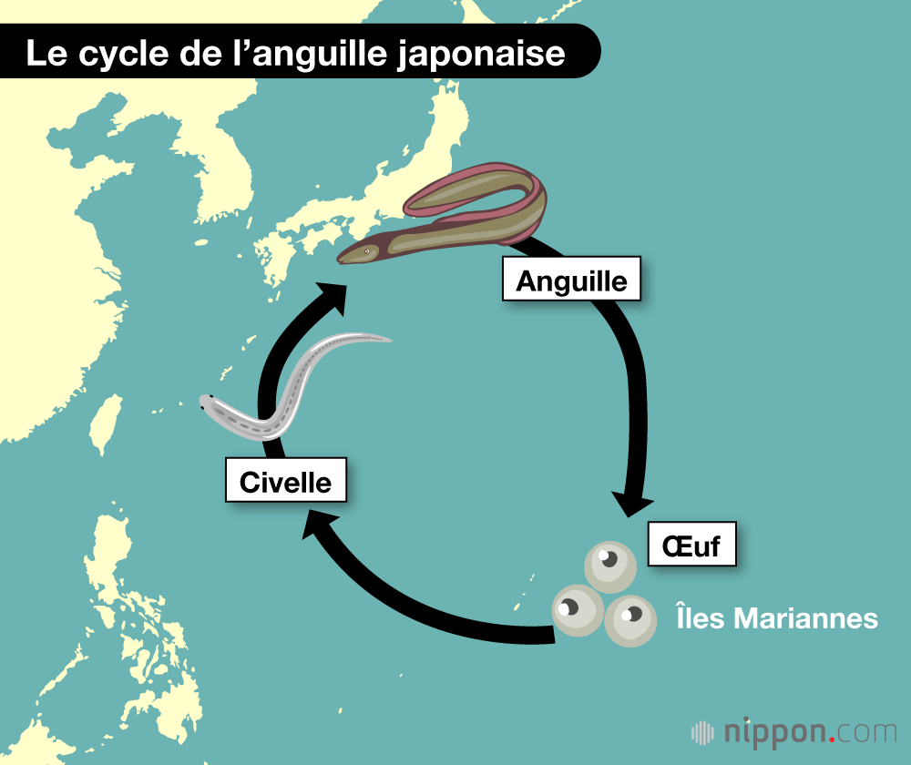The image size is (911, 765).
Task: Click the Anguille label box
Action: pos(571,280)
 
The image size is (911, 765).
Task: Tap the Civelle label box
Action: pos(285,481)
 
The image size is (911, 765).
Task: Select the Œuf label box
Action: pos(691,545)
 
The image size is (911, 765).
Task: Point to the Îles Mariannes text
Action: pos(776,618)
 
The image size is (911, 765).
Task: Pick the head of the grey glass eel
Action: pos(210,403)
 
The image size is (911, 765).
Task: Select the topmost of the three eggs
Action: pos(609,567)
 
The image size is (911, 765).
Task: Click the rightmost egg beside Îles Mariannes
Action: pos(630,620)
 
